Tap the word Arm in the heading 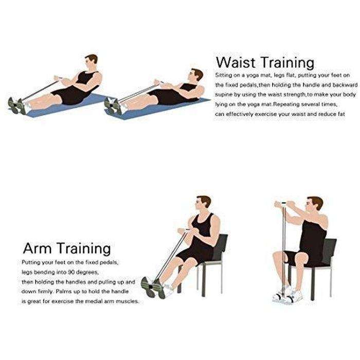click(38, 249)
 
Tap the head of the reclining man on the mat click(193, 77)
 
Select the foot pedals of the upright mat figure click(16, 105)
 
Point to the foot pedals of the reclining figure click(113, 105)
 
